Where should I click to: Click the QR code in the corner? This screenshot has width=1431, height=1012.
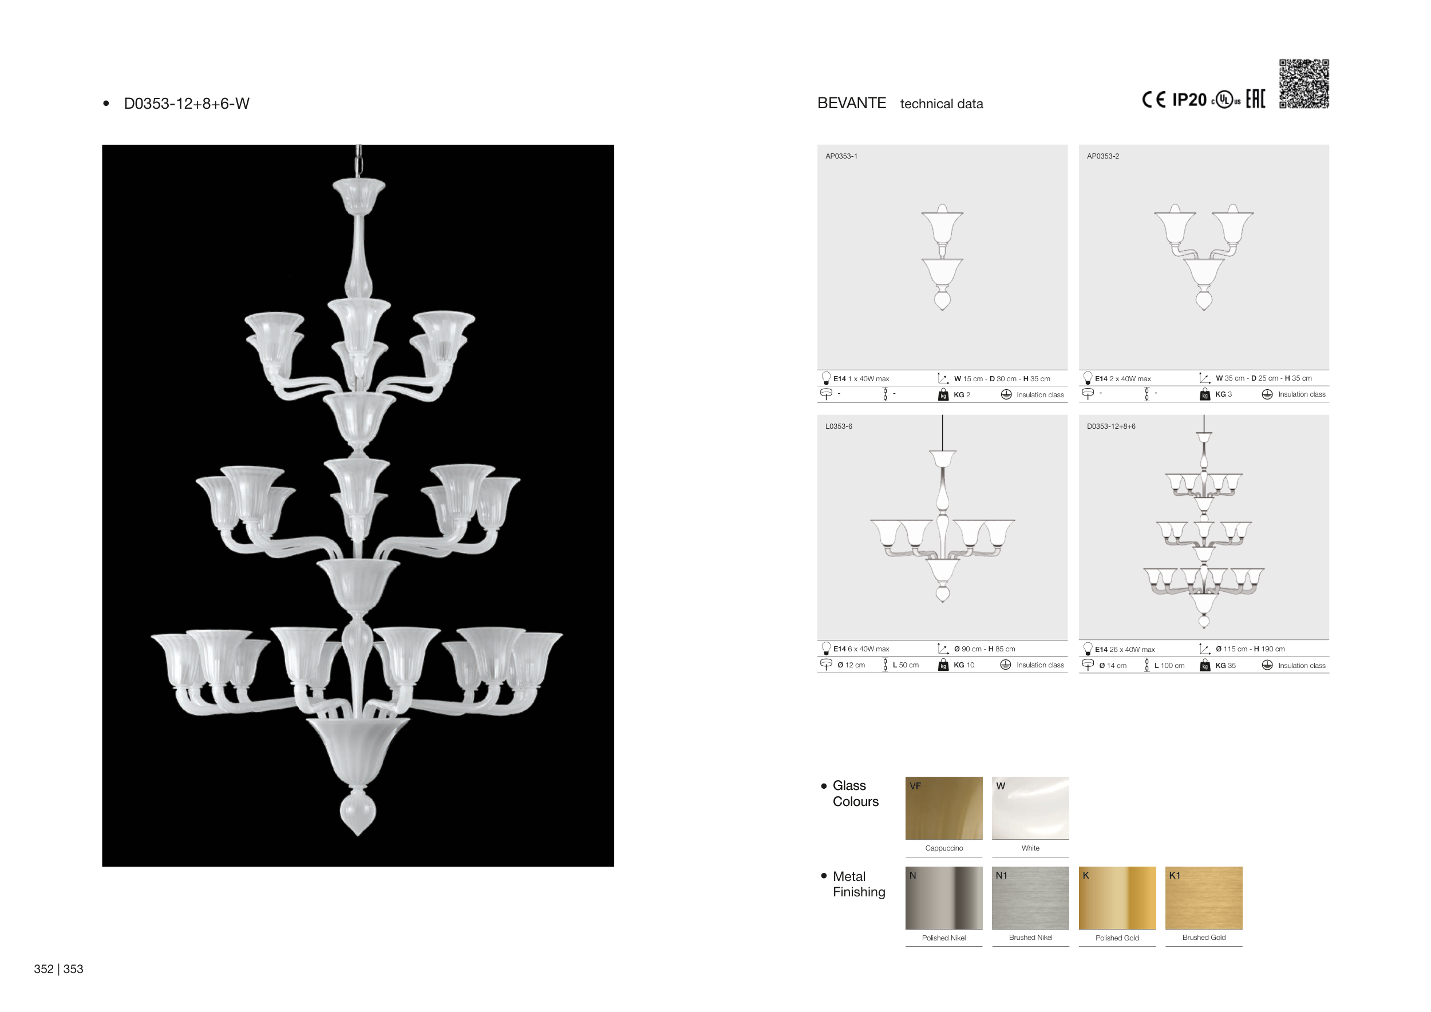(1304, 84)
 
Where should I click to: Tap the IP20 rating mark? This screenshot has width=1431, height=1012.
(1189, 100)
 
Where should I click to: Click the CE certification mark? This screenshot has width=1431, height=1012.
(1153, 100)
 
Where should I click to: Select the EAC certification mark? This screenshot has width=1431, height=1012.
(1255, 98)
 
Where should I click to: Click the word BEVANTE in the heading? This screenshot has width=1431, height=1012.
(851, 104)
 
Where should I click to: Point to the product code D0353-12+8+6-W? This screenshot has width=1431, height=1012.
(187, 104)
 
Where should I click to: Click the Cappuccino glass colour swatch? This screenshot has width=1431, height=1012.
(944, 808)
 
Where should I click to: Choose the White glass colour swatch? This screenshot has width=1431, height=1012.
(1030, 808)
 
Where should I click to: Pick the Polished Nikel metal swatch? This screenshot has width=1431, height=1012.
(944, 898)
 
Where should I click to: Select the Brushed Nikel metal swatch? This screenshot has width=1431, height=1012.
(1030, 898)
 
